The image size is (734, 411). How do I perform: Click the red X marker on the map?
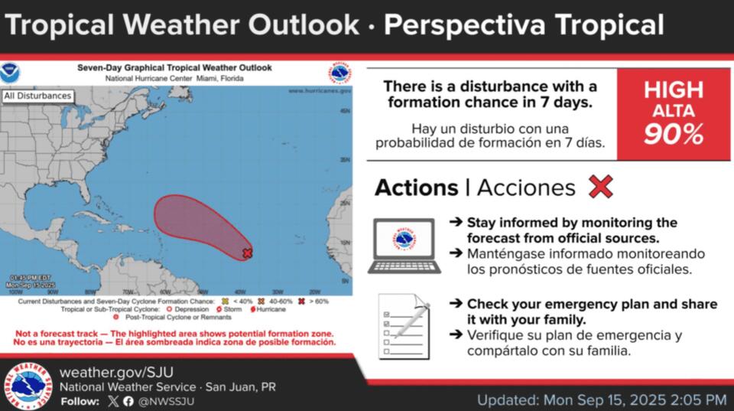(247, 253)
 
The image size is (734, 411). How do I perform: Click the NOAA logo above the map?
(13, 73)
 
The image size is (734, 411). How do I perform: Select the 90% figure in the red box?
(673, 135)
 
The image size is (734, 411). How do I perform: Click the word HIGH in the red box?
(673, 90)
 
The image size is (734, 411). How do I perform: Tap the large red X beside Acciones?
(601, 187)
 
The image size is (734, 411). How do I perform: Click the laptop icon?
(401, 245)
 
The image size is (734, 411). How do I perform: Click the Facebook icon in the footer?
(128, 401)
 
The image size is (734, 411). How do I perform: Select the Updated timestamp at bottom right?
(601, 400)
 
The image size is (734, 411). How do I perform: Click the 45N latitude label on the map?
(344, 112)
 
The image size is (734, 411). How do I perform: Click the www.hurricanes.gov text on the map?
(320, 90)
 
